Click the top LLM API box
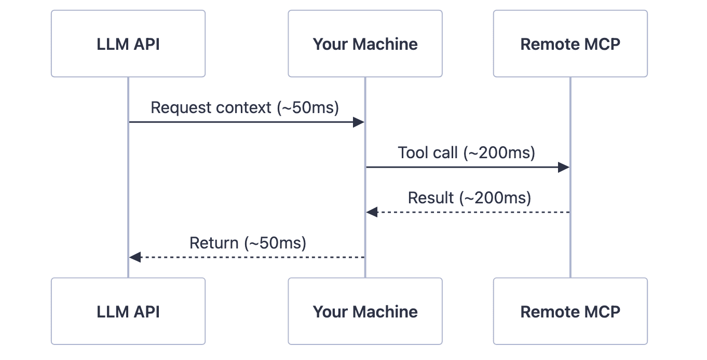[x=128, y=44]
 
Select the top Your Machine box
[x=365, y=44]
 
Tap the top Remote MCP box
[x=570, y=44]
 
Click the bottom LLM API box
[x=128, y=311]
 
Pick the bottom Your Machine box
[x=365, y=311]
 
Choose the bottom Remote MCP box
[x=570, y=311]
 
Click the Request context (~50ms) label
[x=244, y=107]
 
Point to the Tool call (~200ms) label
[x=466, y=153]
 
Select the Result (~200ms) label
[x=469, y=198]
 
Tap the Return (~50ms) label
[x=248, y=243]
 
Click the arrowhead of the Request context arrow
[x=359, y=122]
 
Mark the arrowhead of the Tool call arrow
[x=564, y=167]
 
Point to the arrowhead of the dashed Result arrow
[x=372, y=212]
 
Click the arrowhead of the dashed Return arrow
[x=135, y=257]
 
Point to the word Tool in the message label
[x=411, y=153]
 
